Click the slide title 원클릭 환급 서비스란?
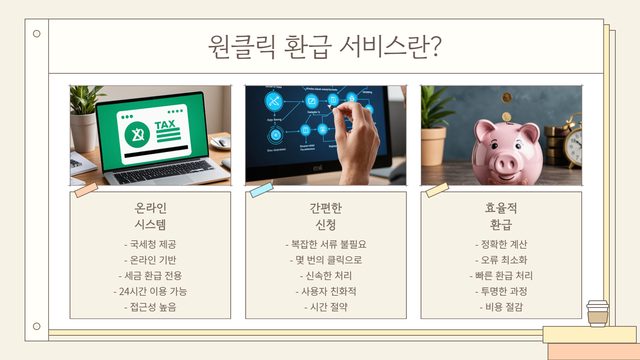click(325, 47)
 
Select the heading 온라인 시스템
click(150, 216)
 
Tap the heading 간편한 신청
click(326, 216)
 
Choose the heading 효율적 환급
click(501, 216)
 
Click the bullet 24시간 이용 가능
click(150, 292)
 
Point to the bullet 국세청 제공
click(150, 244)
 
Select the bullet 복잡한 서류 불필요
click(326, 244)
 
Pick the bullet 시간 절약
click(326, 307)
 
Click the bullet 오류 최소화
click(501, 260)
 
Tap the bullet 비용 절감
click(501, 307)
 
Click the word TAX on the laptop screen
click(165, 125)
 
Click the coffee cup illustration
click(598, 313)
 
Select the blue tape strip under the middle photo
click(261, 190)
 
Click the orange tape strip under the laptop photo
click(86, 190)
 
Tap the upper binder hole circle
click(37, 34)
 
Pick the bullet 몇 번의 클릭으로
click(326, 260)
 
